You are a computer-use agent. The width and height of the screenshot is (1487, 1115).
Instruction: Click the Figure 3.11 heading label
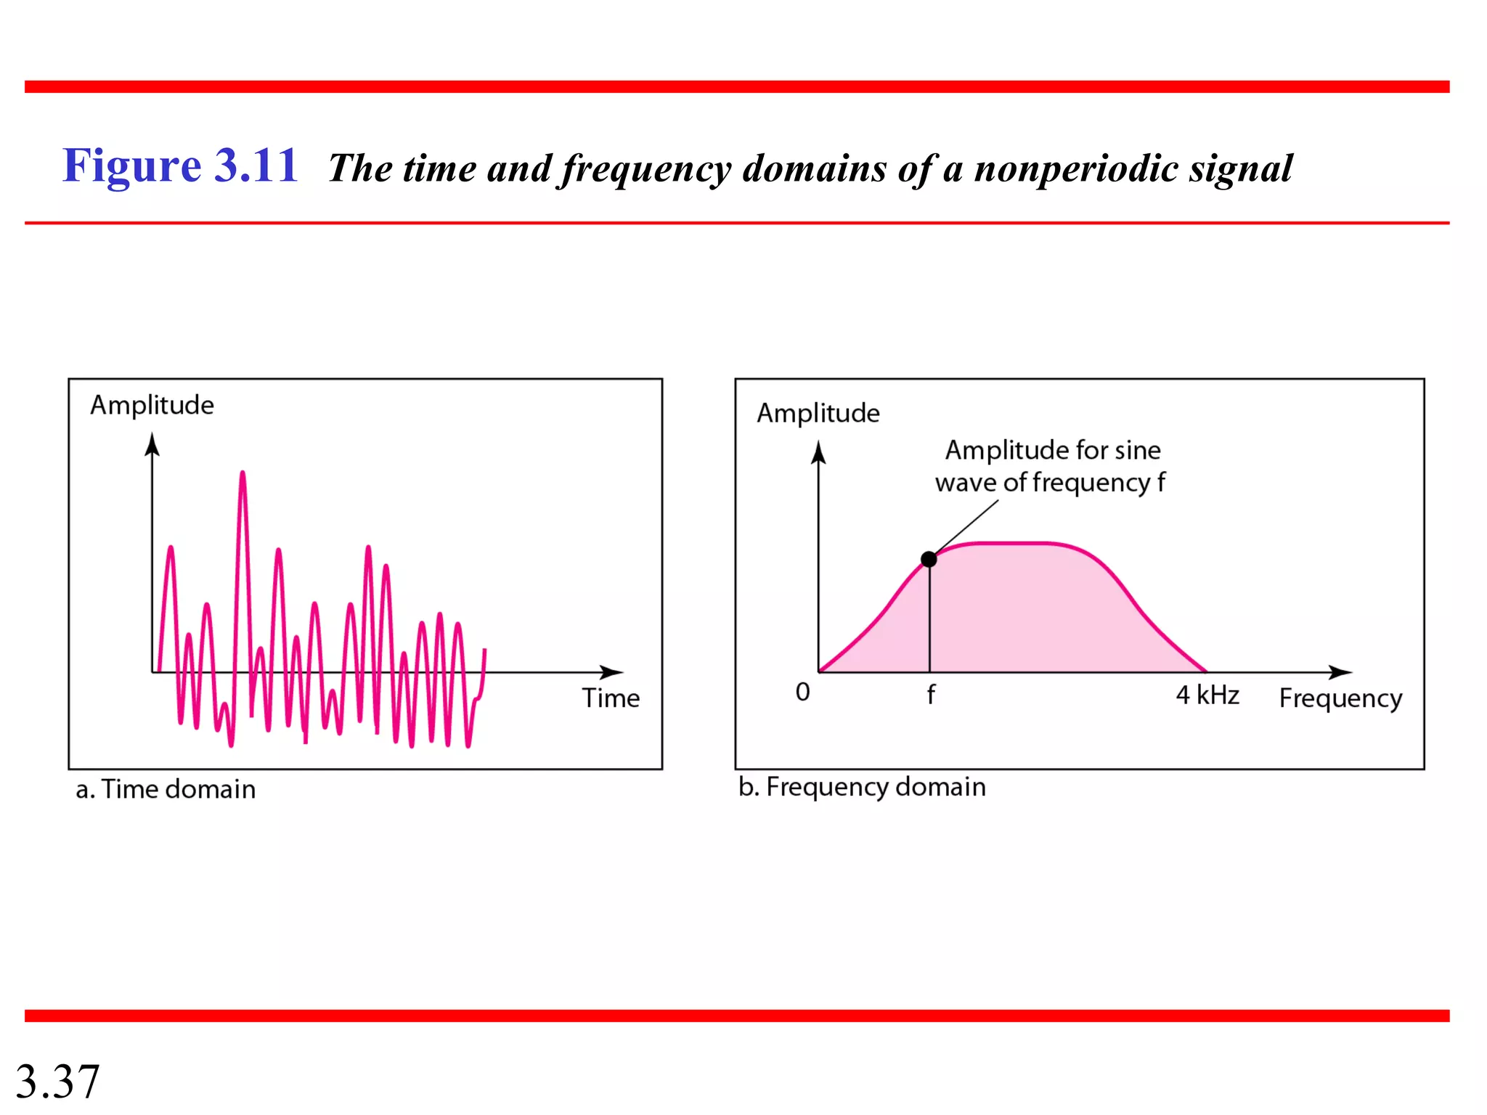(x=180, y=166)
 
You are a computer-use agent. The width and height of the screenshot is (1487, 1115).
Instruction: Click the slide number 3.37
(x=57, y=1081)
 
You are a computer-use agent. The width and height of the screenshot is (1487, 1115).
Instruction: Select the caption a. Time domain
(x=166, y=789)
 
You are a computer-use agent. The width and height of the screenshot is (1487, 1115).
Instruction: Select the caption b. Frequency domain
(x=862, y=787)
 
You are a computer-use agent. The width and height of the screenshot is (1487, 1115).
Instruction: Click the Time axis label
(x=611, y=698)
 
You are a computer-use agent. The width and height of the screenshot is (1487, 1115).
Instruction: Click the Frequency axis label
(x=1340, y=698)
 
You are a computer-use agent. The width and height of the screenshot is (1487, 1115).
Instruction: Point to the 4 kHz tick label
(x=1207, y=695)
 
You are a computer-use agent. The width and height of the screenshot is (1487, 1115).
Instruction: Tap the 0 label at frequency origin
(x=802, y=692)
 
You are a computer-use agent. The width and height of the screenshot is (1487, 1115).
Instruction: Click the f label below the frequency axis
(x=931, y=695)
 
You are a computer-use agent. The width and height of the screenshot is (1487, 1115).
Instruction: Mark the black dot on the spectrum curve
(x=929, y=559)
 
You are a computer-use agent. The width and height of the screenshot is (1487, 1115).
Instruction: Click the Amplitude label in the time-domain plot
(x=152, y=405)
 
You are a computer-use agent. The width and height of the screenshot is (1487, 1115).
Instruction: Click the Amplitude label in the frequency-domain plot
(x=818, y=413)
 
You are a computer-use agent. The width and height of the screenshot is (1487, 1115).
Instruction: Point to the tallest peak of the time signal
(x=243, y=475)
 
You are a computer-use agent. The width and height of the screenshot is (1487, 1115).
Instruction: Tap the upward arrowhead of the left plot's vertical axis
(x=152, y=444)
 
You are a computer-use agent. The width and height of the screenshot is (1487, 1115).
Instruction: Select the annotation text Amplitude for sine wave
(x=1051, y=466)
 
